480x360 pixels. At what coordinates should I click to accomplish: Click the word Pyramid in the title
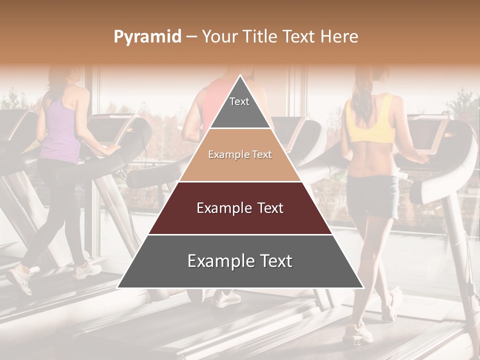click(x=147, y=36)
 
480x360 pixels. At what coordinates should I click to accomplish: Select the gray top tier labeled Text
click(x=239, y=107)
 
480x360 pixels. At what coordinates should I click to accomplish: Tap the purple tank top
click(x=60, y=130)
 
